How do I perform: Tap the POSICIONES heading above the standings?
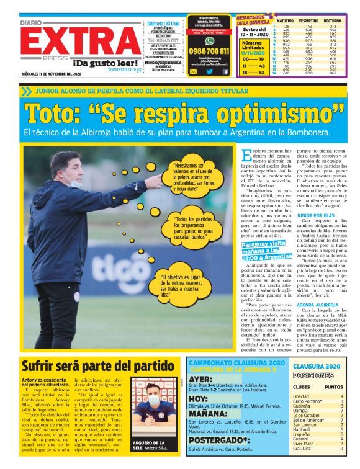coord(313,375)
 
